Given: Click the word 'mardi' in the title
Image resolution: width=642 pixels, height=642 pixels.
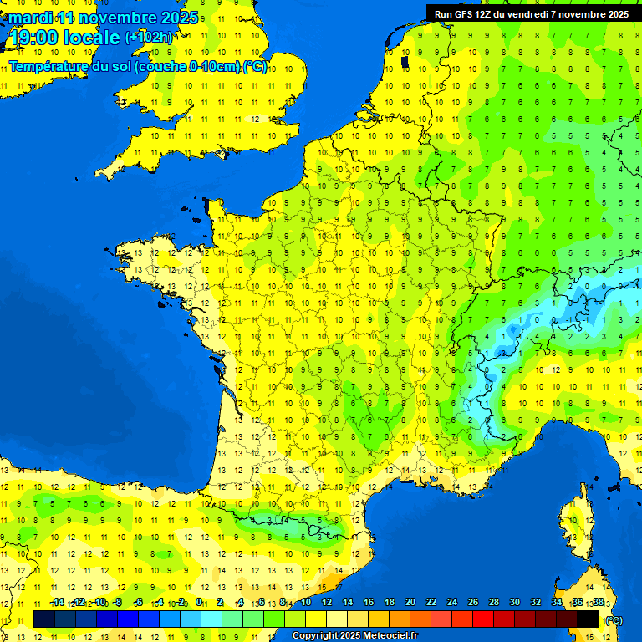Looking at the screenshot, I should [30, 18].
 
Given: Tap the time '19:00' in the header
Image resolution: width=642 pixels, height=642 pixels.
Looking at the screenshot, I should [37, 38].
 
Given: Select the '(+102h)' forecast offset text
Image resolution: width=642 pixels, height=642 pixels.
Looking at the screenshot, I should [148, 38].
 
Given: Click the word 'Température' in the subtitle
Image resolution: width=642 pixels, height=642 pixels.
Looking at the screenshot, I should [49, 66].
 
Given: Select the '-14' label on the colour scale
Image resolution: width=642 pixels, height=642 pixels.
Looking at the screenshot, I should [57, 603].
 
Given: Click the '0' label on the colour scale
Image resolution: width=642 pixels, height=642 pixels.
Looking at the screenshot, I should [199, 603].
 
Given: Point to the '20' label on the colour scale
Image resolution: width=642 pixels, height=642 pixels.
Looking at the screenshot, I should [410, 603].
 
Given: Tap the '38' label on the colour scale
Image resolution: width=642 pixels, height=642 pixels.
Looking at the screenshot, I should [598, 603].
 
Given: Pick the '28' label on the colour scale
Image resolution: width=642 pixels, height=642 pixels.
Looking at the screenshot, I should [494, 603].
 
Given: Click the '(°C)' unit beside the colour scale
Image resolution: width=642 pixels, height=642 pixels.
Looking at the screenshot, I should [614, 620].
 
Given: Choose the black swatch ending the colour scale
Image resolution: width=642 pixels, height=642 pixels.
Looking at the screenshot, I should [588, 619].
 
